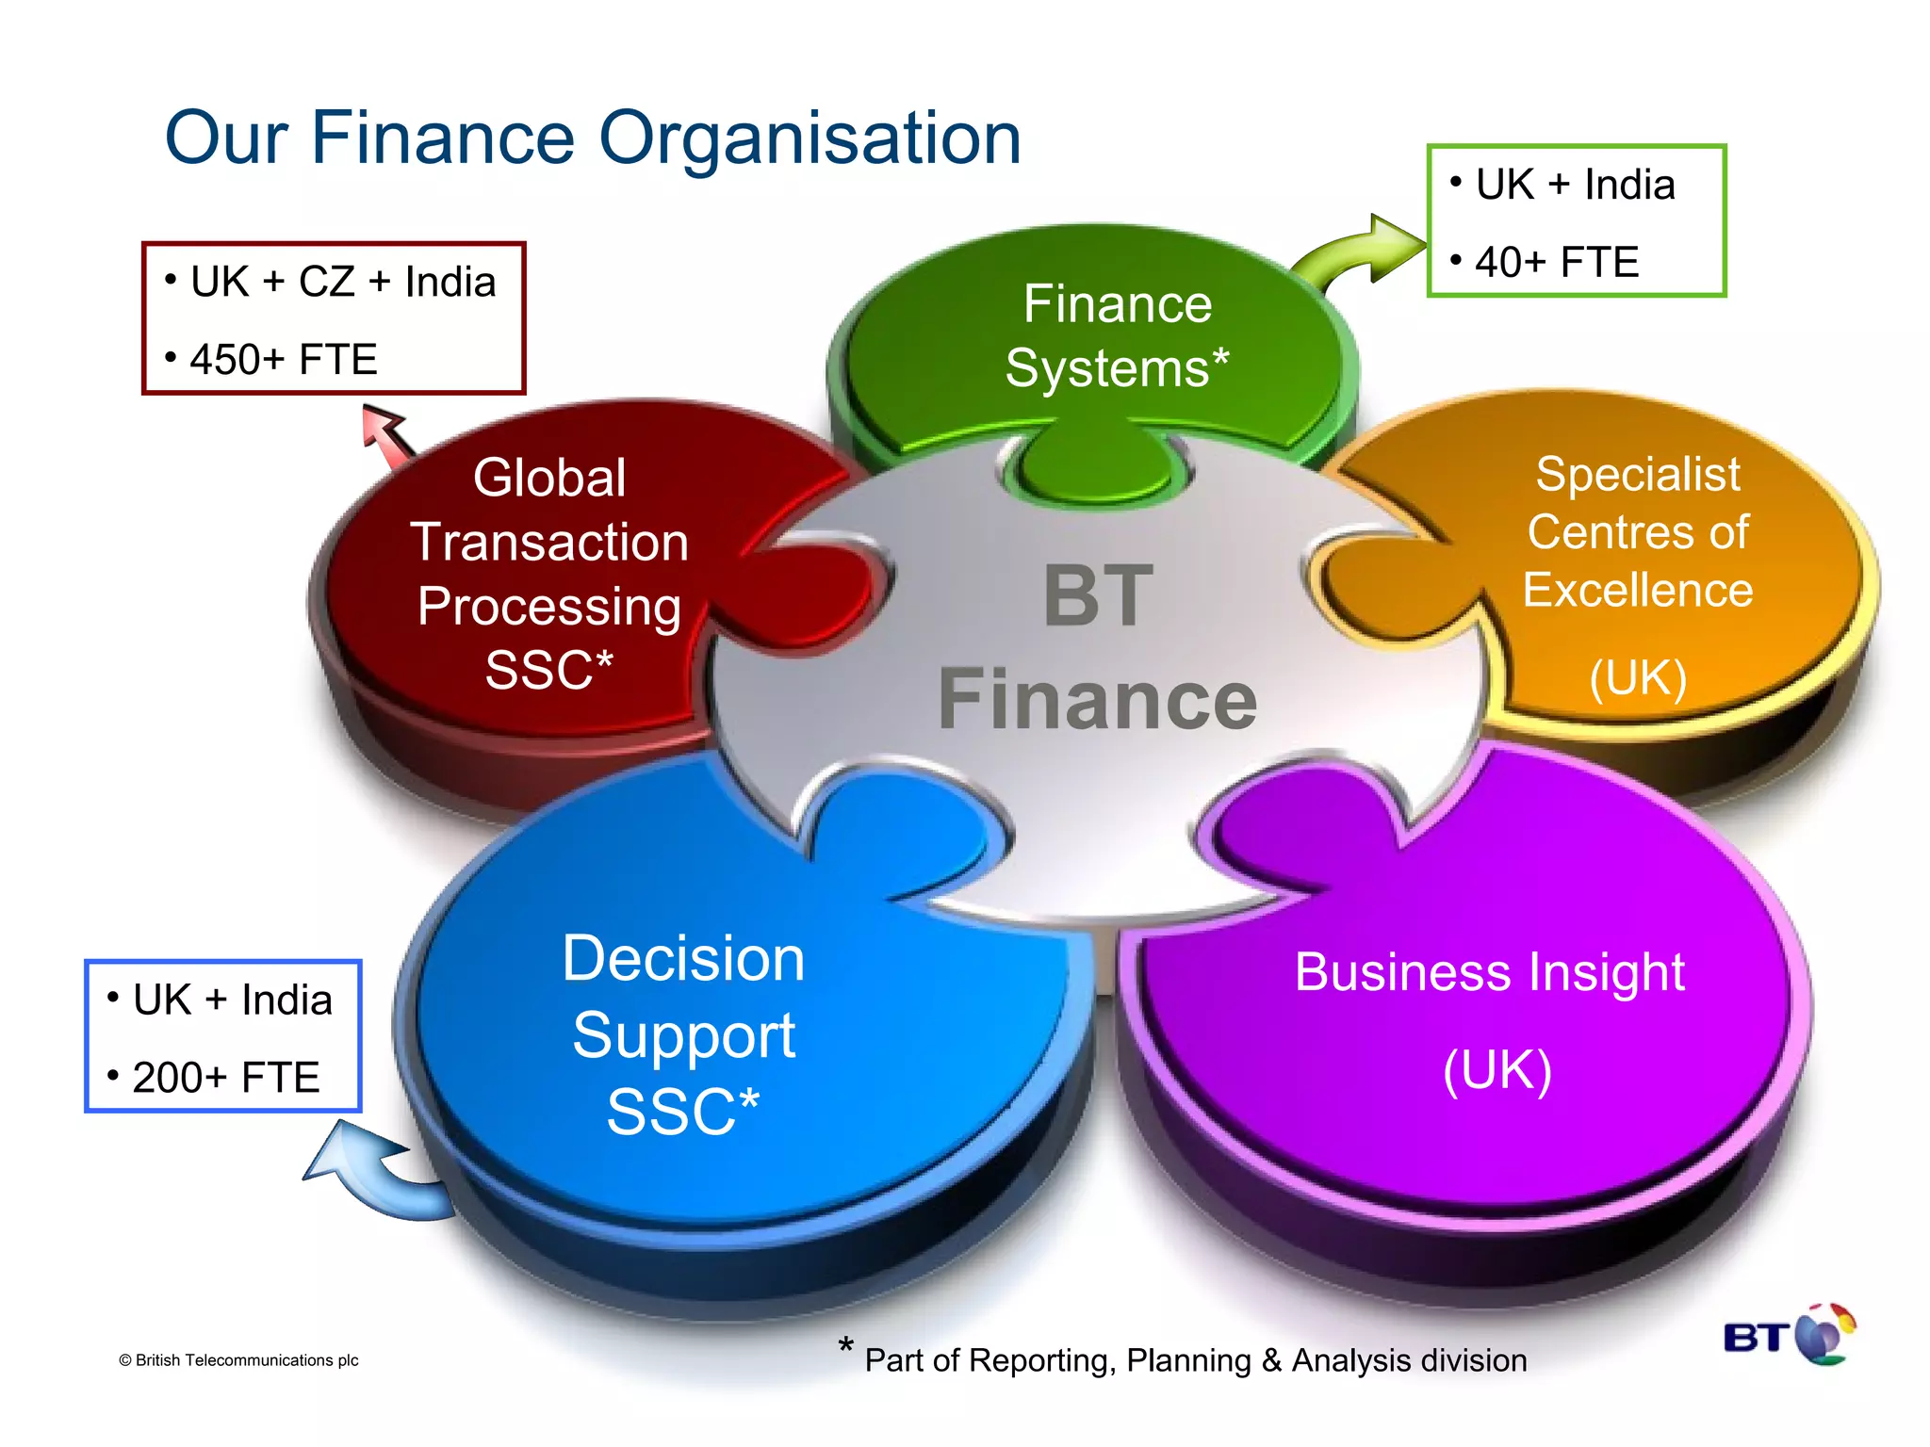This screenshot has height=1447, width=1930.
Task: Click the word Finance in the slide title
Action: point(442,138)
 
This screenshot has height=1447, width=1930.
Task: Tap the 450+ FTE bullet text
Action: point(283,360)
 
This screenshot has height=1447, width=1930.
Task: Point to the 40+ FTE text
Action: point(1557,262)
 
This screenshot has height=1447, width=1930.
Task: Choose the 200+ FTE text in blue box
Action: point(226,1078)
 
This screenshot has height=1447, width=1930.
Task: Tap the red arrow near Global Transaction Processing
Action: point(386,433)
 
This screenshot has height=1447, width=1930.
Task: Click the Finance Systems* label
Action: point(1118,335)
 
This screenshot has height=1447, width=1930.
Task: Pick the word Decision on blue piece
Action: point(683,959)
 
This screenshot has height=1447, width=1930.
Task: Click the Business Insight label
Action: point(1489,972)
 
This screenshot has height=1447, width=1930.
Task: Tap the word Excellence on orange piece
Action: point(1638,591)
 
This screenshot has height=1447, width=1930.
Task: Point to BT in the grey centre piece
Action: point(1098,595)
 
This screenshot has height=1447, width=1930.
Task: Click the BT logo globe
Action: point(1824,1334)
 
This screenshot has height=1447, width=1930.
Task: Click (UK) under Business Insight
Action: point(1497,1071)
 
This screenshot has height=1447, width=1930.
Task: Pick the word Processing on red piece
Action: point(549,606)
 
